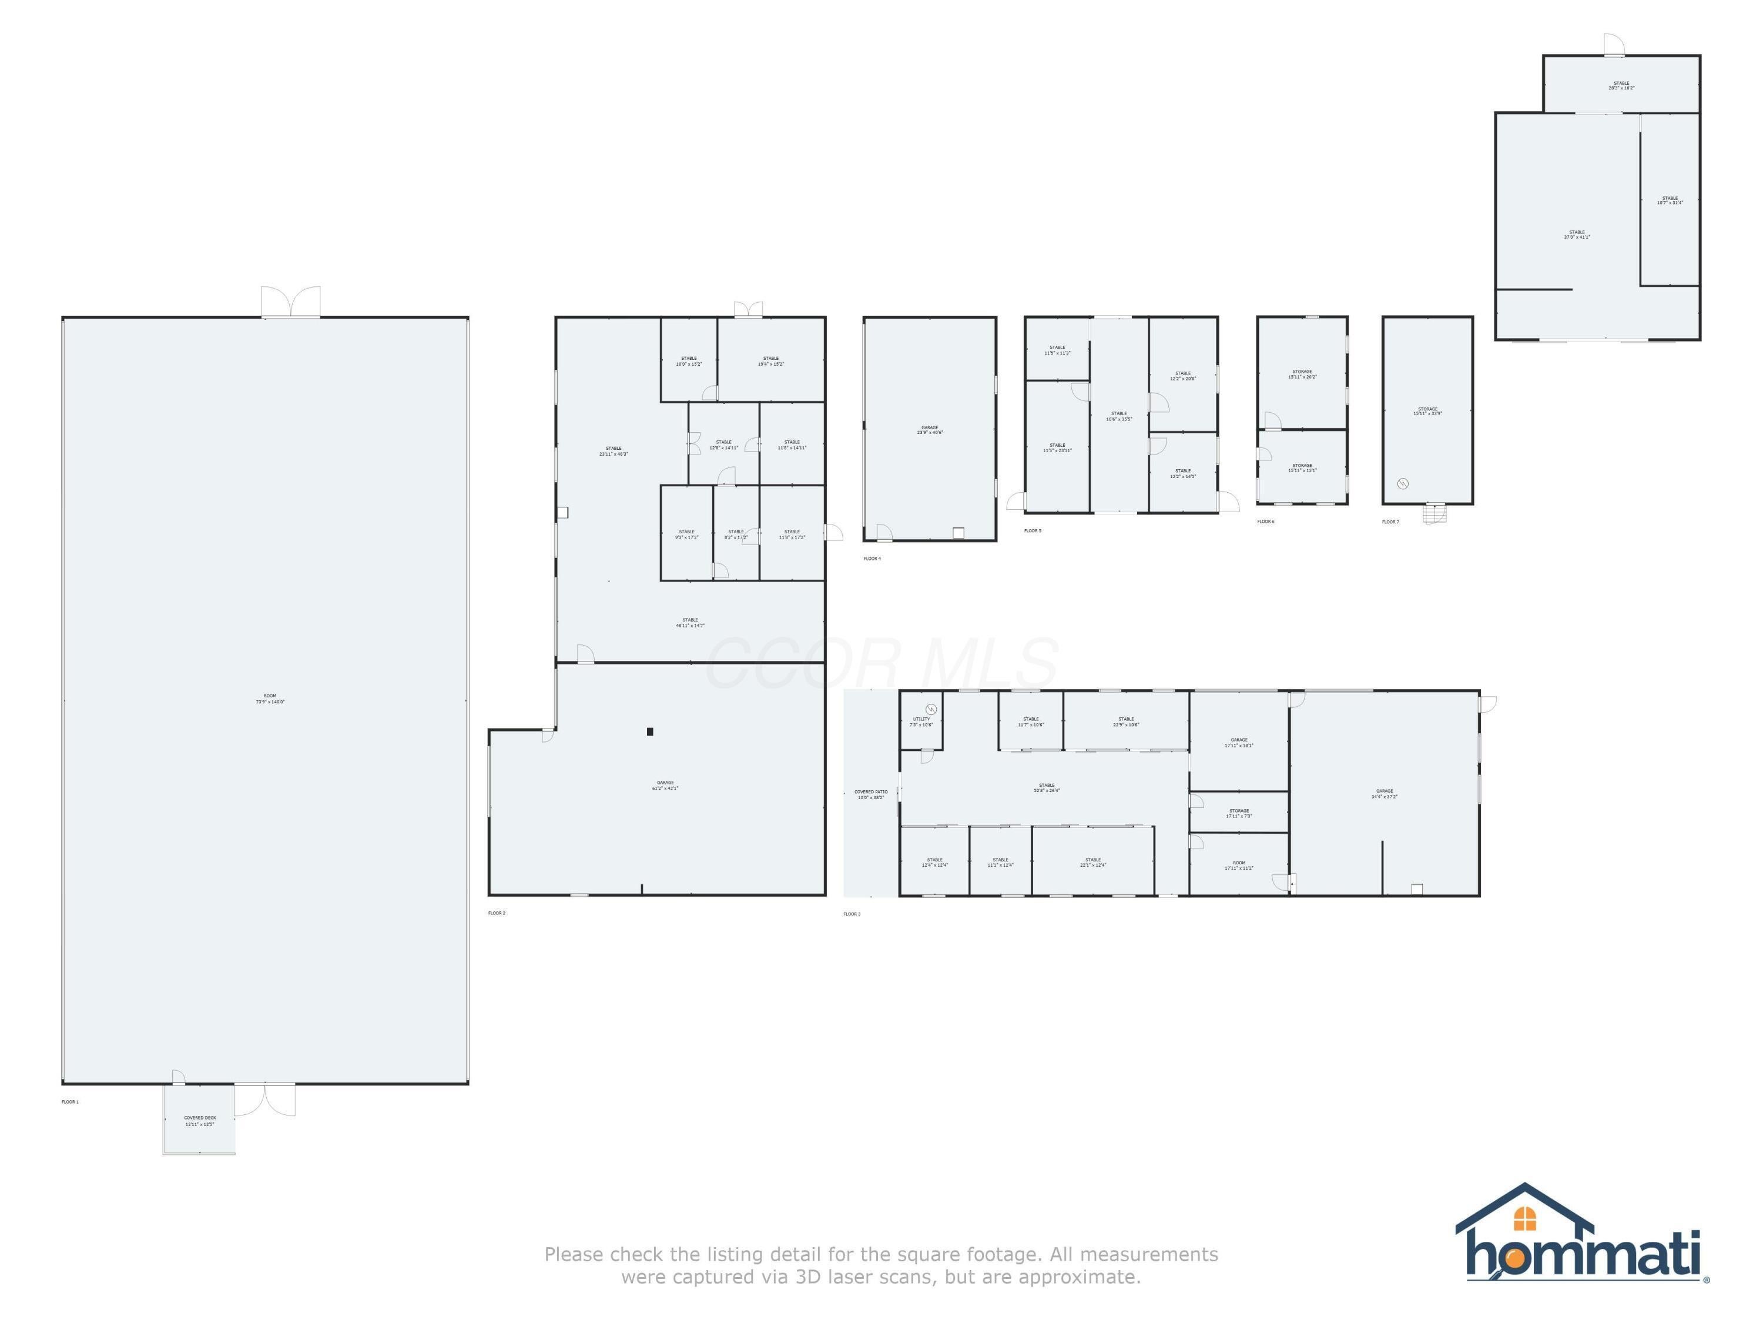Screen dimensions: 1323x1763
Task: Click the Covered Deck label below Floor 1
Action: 200,1121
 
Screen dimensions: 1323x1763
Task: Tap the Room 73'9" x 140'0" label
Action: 270,699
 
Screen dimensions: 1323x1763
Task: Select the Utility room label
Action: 921,721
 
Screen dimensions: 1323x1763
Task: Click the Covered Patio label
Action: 870,794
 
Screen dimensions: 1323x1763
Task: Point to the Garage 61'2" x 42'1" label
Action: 665,786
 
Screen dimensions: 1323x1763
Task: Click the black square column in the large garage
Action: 651,731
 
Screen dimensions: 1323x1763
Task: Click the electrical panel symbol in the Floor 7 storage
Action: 1403,483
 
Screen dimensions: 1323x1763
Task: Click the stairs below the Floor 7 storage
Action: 1434,514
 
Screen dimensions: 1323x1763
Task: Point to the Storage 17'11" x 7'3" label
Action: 1239,813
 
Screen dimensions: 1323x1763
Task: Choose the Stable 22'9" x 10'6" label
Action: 1125,721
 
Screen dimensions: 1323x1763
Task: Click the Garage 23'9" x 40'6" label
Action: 929,430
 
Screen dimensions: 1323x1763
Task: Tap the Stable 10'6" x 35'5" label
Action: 1119,416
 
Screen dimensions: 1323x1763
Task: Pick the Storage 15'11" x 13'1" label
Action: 1302,467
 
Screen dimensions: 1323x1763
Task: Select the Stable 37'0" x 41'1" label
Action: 1577,235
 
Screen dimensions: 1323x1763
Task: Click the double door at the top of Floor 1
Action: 291,303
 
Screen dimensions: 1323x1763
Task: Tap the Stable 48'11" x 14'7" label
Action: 691,622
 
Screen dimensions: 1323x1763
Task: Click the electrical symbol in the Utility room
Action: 931,709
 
